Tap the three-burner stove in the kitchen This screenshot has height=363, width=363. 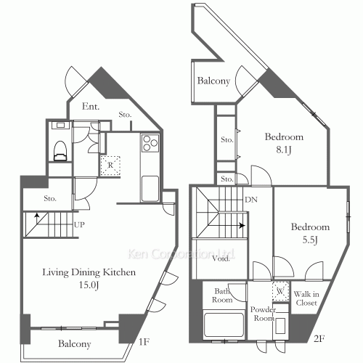[x=150, y=143]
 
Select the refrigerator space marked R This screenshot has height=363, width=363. [x=110, y=166]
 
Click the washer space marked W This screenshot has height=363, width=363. [x=281, y=291]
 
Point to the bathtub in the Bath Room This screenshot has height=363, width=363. [x=224, y=325]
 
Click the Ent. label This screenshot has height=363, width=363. [x=91, y=106]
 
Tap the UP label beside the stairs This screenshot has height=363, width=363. [x=79, y=225]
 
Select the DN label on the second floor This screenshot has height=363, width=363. [x=251, y=200]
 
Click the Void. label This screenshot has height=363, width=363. [x=221, y=258]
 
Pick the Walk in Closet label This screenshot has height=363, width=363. [x=306, y=298]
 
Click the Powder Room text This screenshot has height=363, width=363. [x=263, y=314]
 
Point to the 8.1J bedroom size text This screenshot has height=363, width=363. [x=284, y=150]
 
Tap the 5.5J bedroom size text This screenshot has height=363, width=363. [x=310, y=240]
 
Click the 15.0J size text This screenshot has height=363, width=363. [x=89, y=285]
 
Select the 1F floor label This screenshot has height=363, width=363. [x=144, y=342]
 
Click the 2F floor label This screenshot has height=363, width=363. [x=319, y=338]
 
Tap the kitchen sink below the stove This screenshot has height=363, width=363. [x=150, y=189]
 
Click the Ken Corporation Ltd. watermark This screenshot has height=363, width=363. [x=181, y=254]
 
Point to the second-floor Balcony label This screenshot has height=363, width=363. [x=213, y=81]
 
